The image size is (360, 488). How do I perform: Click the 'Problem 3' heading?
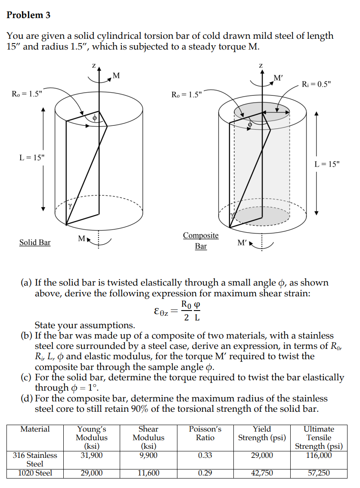click(28, 15)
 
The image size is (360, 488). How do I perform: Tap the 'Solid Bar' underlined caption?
click(35, 242)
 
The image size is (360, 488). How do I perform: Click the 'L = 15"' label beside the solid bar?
click(32, 158)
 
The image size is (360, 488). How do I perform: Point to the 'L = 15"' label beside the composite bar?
click(327, 164)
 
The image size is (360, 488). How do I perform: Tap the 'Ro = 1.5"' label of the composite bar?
click(186, 94)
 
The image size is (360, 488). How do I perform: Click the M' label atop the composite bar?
click(279, 78)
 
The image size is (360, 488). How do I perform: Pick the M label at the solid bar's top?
click(115, 76)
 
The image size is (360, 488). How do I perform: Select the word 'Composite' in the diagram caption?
click(201, 236)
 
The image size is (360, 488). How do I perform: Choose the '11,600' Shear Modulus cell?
click(148, 473)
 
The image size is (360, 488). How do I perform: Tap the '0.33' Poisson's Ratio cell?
click(205, 455)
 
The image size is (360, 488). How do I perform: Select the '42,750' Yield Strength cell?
click(262, 473)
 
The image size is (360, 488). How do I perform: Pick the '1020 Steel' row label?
click(35, 473)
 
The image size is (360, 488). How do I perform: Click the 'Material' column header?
click(35, 429)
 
